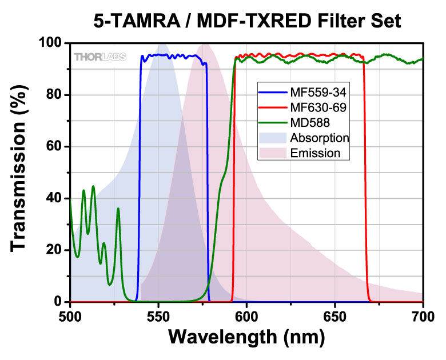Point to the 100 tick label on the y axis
click(50, 43)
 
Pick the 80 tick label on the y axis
click(54, 95)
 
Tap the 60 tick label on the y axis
click(54, 147)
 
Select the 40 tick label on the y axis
click(54, 198)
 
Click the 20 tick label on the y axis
click(54, 250)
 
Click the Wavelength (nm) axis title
click(246, 337)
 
